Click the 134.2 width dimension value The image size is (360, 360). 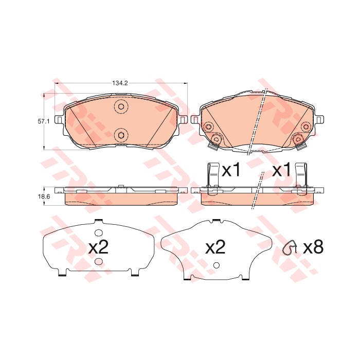click(x=120, y=83)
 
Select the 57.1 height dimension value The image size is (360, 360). click(x=44, y=121)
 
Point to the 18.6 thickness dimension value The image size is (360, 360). click(x=44, y=197)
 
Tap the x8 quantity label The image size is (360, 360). click(x=313, y=247)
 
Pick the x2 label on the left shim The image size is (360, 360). click(x=98, y=247)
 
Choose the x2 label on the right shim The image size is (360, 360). click(x=215, y=247)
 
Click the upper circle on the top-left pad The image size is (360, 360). click(x=121, y=106)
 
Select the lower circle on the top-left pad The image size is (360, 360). click(x=121, y=135)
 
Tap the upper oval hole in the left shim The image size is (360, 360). click(x=99, y=233)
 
